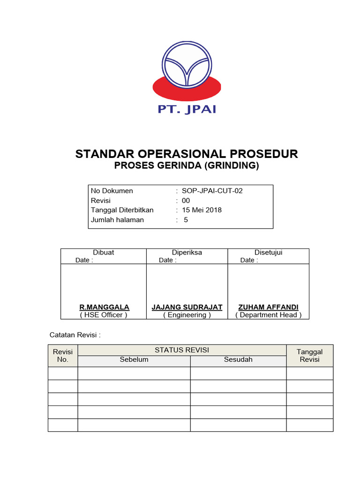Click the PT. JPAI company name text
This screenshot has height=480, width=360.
click(x=187, y=110)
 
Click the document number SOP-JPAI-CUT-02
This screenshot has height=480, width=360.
click(x=212, y=191)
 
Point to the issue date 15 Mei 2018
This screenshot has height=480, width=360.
click(x=202, y=210)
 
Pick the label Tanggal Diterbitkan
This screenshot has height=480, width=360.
click(x=122, y=210)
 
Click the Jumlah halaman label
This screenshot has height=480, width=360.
click(x=117, y=220)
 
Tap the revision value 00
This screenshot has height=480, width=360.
click(x=186, y=201)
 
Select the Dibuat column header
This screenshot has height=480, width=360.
click(x=104, y=252)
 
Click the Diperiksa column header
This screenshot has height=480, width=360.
click(x=187, y=252)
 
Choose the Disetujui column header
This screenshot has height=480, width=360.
click(x=268, y=252)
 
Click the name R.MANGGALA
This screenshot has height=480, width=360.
click(x=104, y=307)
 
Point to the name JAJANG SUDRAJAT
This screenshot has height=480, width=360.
click(x=187, y=307)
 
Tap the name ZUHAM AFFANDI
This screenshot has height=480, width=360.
click(x=268, y=307)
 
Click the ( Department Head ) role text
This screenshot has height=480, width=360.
click(x=268, y=315)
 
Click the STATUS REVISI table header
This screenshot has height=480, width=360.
click(x=182, y=350)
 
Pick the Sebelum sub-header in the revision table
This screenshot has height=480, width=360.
click(x=134, y=360)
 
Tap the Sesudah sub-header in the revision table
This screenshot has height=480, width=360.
click(x=238, y=360)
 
